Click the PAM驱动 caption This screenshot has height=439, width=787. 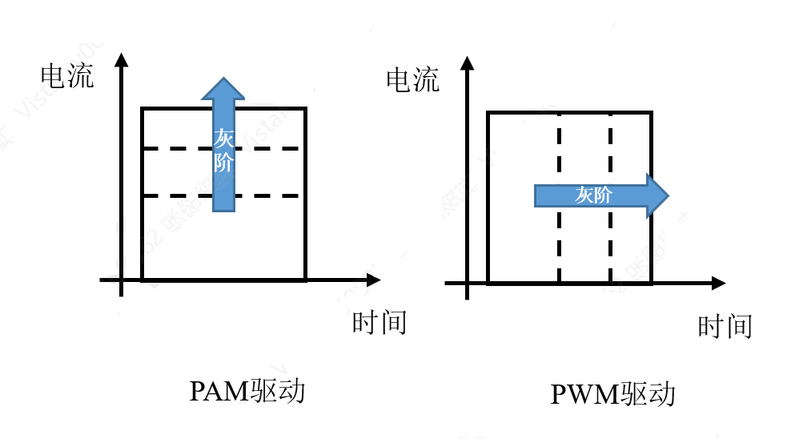pos(247,391)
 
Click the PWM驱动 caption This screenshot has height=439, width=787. pos(613,394)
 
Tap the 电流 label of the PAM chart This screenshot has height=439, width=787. pos(67,76)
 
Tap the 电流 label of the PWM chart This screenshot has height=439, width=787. pos(413,80)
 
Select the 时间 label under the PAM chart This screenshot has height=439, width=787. pos(379,322)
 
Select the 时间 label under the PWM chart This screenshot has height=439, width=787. pos(725,326)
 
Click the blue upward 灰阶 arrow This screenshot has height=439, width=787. pos(223,152)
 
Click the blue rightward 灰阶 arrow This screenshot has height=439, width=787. pos(596,195)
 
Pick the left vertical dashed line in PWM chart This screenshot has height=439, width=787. pos(559,240)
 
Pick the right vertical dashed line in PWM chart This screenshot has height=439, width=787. pos(610,240)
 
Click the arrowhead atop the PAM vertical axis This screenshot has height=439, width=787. pos(122,59)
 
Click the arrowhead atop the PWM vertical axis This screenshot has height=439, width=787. pos(468,62)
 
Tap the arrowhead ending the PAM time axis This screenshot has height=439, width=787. pos(373,280)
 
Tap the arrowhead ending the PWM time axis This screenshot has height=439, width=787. pos(718,284)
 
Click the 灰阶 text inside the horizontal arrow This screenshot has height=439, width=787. pos(592,195)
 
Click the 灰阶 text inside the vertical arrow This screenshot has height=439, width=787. pos(223,150)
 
